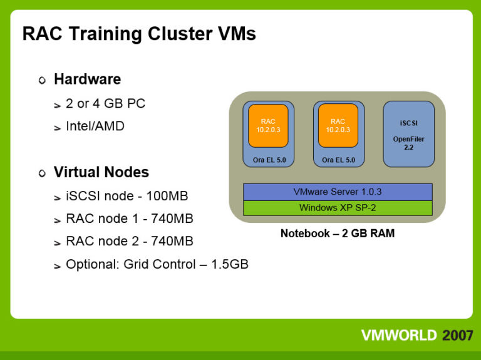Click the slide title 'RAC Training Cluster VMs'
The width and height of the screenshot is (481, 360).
pos(139,33)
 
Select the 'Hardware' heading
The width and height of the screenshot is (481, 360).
pos(87,80)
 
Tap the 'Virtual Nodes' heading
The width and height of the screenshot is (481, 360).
pos(101,172)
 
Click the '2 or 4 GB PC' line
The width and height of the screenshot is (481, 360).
pos(105,103)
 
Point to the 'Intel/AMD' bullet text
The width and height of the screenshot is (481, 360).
pos(95,126)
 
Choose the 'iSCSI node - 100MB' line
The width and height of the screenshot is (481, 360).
pos(127,196)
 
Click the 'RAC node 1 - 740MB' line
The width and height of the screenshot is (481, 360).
pos(129,219)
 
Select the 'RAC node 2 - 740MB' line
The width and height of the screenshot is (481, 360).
pos(129,241)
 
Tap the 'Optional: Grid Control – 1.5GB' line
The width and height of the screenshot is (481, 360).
pos(157,264)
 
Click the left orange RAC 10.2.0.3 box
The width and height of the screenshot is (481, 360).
pos(268,125)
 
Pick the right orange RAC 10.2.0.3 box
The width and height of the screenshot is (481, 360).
pos(338,125)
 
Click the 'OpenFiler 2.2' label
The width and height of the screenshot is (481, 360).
pos(408,142)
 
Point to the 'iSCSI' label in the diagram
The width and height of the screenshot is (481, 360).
pos(408,123)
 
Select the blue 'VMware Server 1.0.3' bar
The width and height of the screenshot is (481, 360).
pos(338,192)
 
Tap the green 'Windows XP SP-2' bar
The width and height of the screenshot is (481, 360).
pos(338,208)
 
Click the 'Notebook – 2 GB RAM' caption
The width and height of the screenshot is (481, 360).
pos(338,234)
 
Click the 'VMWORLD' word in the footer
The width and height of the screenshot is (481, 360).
pos(398,335)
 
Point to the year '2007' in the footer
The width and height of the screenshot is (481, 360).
pos(457,335)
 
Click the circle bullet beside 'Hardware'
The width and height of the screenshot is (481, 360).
pos(42,80)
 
